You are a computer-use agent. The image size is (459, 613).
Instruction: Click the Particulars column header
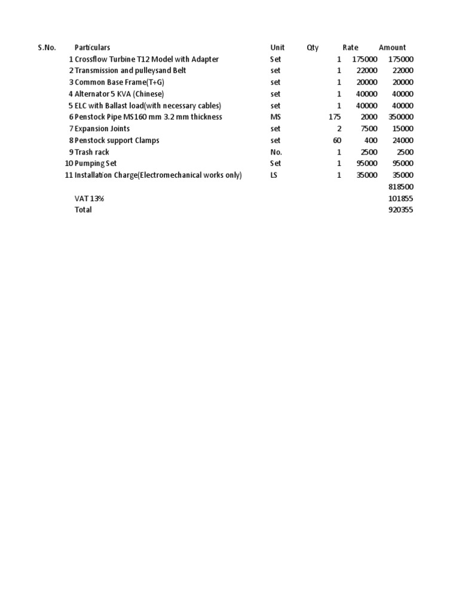point(92,48)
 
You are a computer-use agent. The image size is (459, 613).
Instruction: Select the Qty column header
point(313,48)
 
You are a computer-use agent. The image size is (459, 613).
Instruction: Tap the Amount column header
point(392,48)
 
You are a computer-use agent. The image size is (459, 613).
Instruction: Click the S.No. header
point(47,48)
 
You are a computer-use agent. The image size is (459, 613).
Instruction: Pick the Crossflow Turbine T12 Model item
point(146,59)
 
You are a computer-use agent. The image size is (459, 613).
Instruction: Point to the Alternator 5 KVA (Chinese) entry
point(119,94)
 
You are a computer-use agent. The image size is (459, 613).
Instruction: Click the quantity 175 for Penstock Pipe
point(335,117)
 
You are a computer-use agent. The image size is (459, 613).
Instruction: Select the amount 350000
point(400,117)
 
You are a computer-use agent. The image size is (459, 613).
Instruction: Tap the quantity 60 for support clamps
point(337,141)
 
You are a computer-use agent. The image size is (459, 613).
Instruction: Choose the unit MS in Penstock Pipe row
point(276,117)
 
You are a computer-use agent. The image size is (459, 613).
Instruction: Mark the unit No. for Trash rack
point(276,152)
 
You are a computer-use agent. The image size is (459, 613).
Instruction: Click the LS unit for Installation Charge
point(274,175)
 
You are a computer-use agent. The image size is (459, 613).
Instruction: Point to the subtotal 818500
point(400,187)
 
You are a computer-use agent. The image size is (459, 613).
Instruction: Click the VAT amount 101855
point(400,199)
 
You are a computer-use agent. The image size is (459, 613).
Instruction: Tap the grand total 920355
point(400,210)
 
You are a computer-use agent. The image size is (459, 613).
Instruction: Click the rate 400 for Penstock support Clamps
point(371,141)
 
